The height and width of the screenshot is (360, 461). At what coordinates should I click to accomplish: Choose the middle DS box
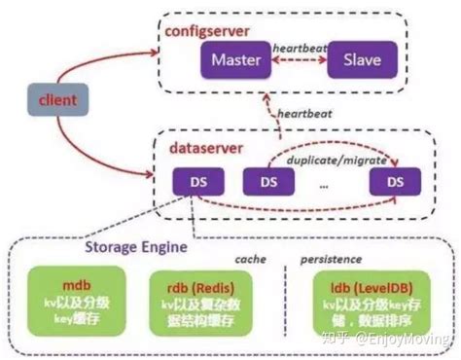click(263, 182)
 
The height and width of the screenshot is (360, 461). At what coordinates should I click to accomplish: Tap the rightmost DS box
click(394, 182)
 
